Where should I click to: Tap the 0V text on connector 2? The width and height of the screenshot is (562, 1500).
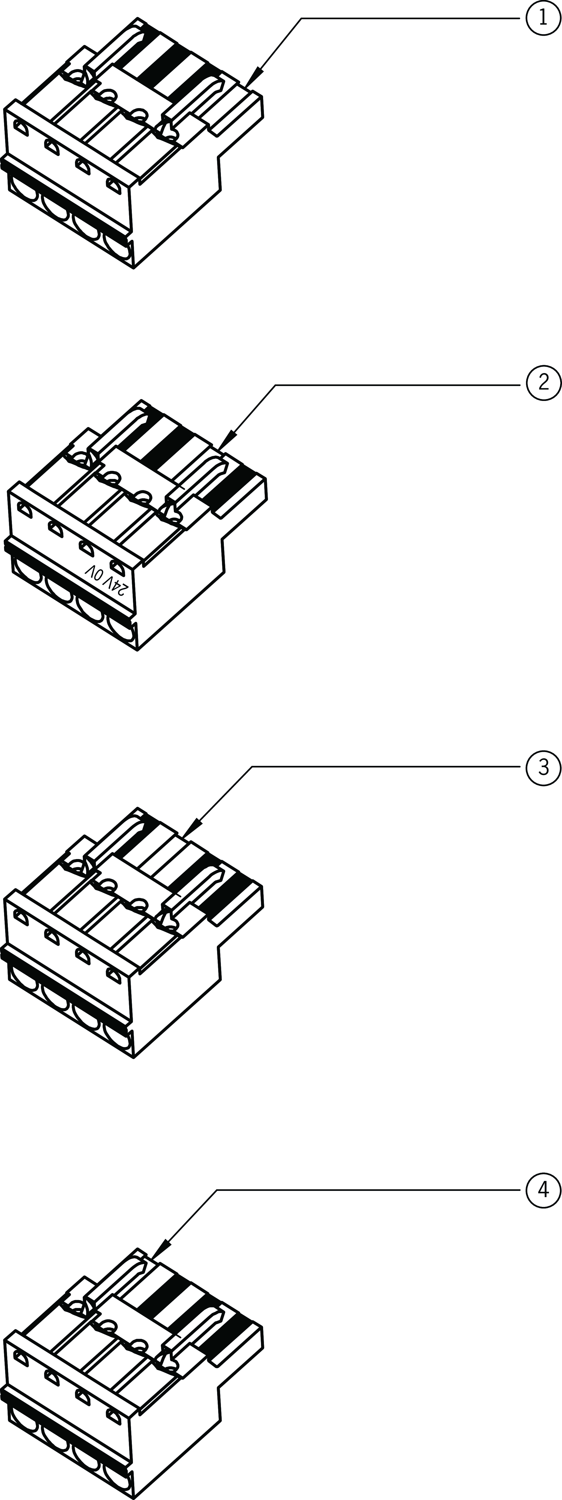pos(94,572)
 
